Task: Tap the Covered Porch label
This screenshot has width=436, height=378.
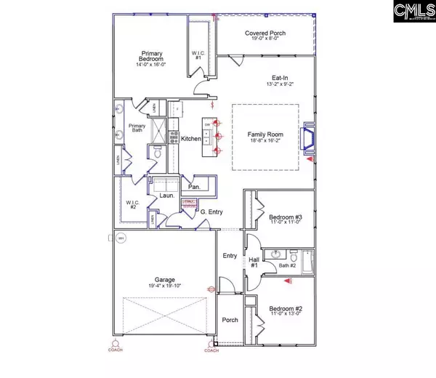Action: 264,31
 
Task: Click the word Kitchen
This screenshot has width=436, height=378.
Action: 191,138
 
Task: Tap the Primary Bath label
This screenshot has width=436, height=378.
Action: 137,129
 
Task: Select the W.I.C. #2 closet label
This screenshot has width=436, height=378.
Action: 132,204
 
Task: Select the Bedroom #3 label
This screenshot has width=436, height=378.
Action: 284,217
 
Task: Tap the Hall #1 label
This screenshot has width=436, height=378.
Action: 254,263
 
